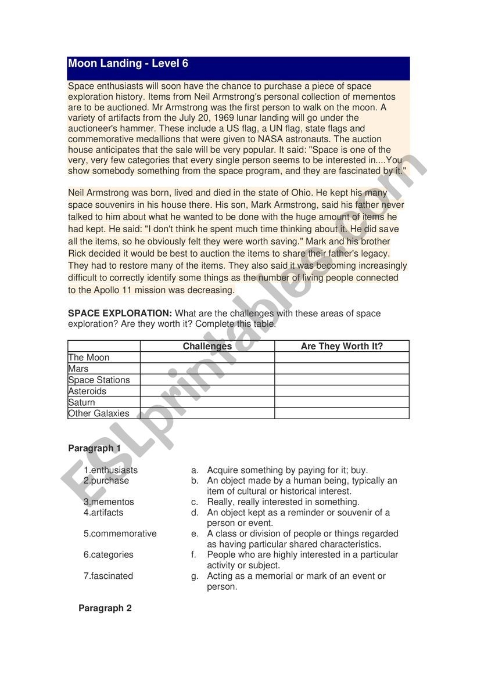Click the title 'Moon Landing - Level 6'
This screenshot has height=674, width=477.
click(128, 64)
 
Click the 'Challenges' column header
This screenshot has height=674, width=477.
click(207, 346)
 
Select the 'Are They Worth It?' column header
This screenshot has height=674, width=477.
click(342, 346)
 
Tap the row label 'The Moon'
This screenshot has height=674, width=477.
click(89, 358)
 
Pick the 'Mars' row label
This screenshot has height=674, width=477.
click(78, 369)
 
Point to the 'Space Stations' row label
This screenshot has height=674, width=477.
click(99, 380)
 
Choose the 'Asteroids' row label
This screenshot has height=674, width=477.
click(87, 391)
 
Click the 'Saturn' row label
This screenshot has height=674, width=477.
click(81, 402)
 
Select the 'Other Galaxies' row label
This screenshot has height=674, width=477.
click(99, 413)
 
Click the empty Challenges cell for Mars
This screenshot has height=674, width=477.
click(207, 369)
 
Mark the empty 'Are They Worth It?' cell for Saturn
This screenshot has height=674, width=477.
click(342, 402)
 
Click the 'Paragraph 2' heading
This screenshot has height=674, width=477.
click(105, 608)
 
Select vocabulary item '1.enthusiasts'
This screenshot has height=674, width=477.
click(111, 470)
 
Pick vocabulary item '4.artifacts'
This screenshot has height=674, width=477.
click(103, 513)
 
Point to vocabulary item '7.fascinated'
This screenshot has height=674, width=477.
click(108, 576)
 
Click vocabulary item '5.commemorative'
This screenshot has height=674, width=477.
click(120, 534)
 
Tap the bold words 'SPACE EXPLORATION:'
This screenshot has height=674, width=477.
click(120, 313)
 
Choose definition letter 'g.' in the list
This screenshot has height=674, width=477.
click(195, 576)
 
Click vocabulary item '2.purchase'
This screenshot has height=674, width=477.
click(106, 481)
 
